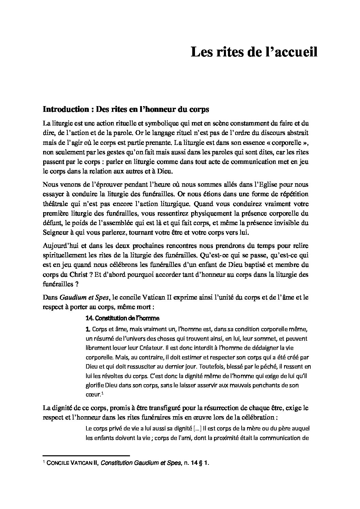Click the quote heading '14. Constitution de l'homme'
click(122, 319)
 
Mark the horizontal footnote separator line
click(86, 455)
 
